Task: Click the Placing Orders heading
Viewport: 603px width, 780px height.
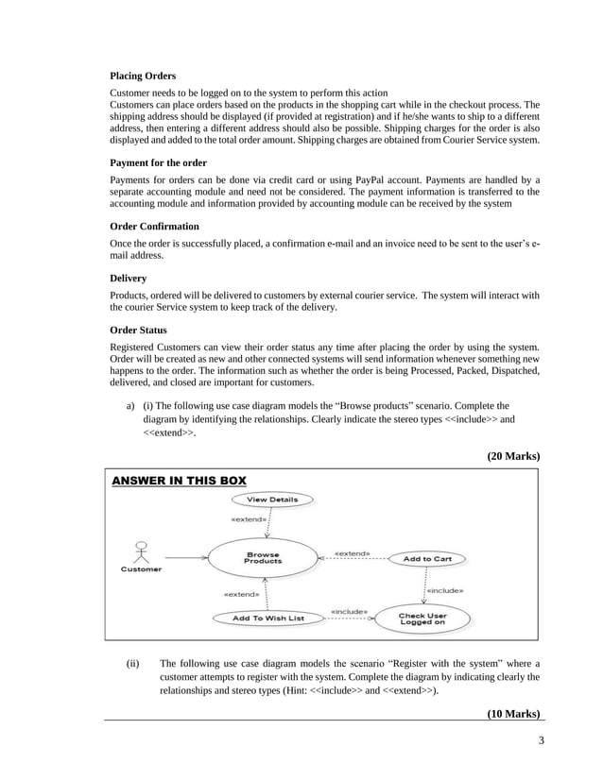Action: pyautogui.click(x=143, y=75)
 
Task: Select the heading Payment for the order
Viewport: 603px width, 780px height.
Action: pyautogui.click(x=158, y=162)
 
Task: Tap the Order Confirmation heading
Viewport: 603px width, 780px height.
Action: pyautogui.click(x=154, y=227)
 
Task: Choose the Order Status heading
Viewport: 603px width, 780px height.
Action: pyautogui.click(x=138, y=331)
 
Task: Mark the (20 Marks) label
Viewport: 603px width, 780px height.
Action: pyautogui.click(x=512, y=455)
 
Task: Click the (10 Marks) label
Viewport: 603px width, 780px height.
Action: pyautogui.click(x=512, y=713)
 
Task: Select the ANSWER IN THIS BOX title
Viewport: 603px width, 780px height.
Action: pyautogui.click(x=179, y=481)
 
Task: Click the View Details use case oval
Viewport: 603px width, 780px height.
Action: pyautogui.click(x=271, y=499)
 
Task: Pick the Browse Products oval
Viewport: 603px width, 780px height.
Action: pyautogui.click(x=264, y=558)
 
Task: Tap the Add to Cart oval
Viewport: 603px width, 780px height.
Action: pyautogui.click(x=427, y=558)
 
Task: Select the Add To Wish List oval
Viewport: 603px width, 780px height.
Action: pyautogui.click(x=269, y=619)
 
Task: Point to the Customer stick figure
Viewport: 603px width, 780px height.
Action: pyautogui.click(x=140, y=551)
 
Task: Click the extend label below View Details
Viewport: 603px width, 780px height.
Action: pyautogui.click(x=249, y=519)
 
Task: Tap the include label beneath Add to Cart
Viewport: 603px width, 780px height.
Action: pyautogui.click(x=444, y=590)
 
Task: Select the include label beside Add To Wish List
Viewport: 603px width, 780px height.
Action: pyautogui.click(x=349, y=611)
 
